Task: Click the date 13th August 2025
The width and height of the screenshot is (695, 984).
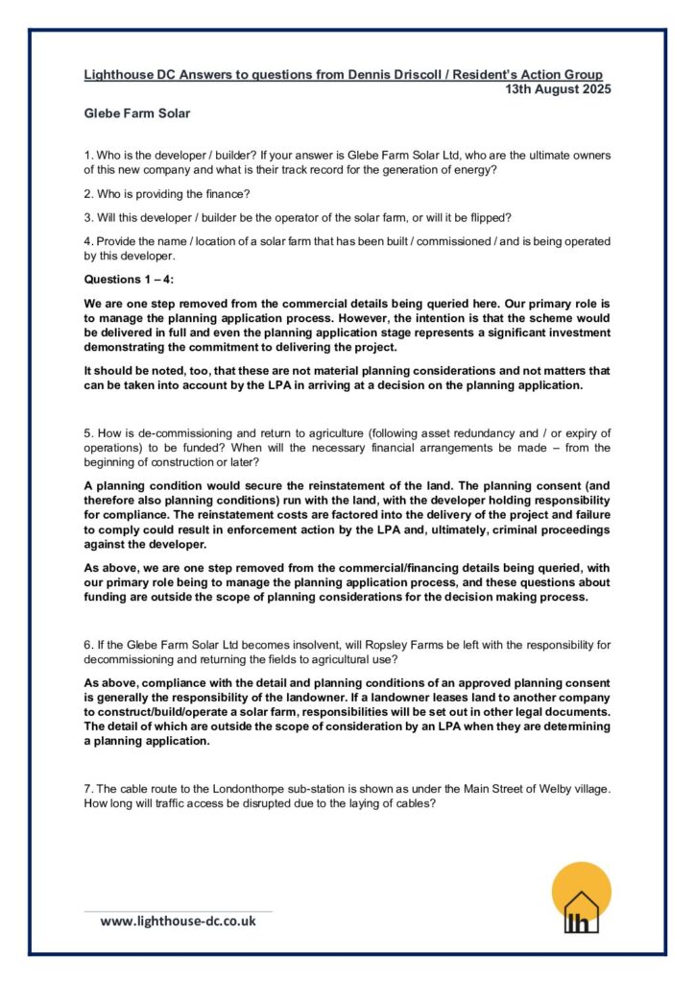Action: tap(558, 89)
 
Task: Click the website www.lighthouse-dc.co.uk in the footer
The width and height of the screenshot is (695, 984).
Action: tap(179, 921)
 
